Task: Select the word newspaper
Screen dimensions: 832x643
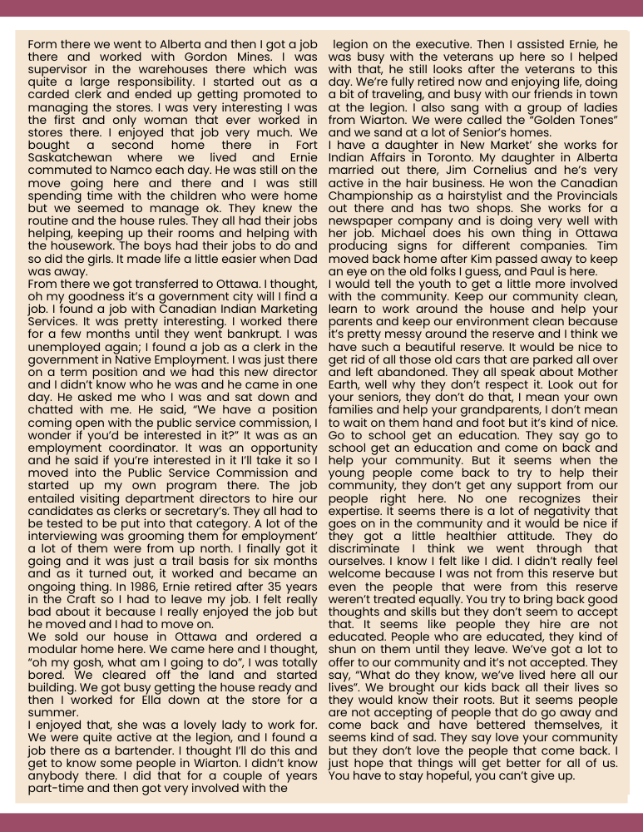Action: click(x=366, y=219)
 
